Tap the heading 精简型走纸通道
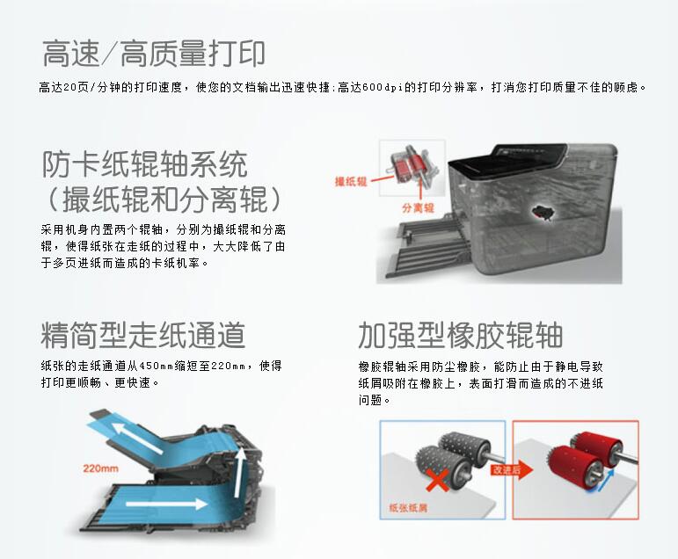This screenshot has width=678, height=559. [x=143, y=335]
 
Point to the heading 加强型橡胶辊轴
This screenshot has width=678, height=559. [x=460, y=335]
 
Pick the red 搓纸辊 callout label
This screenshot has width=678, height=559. [x=351, y=182]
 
